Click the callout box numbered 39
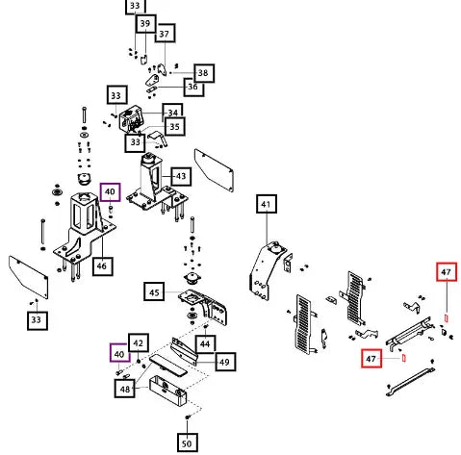tap(145, 23)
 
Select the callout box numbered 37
tap(165, 33)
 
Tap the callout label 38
tap(204, 73)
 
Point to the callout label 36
tap(193, 87)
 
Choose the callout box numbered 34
tap(173, 112)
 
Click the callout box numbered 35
tap(175, 126)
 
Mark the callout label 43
tap(181, 176)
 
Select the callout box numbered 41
tap(267, 204)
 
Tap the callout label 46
tap(102, 265)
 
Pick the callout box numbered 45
tap(154, 291)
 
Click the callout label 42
tap(139, 342)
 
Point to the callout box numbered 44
tap(205, 344)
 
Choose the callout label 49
tap(225, 362)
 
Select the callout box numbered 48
tap(124, 389)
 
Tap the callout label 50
tap(188, 442)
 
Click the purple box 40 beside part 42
tap(119, 353)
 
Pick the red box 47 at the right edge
tap(447, 272)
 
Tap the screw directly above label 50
tap(188, 417)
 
